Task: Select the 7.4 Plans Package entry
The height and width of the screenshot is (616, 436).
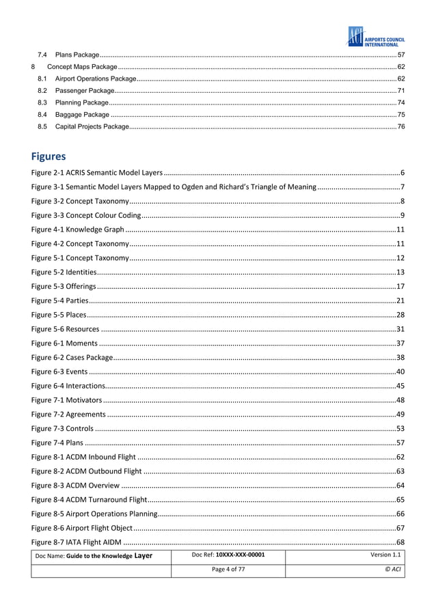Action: coord(77,54)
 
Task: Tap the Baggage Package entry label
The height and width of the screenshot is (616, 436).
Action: coord(82,115)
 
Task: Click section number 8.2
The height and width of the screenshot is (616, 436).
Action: coord(42,90)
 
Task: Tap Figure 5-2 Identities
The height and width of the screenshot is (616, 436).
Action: coord(67,272)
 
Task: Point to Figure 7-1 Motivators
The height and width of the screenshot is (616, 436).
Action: coord(67,400)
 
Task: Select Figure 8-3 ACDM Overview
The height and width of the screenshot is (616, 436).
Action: coord(76,485)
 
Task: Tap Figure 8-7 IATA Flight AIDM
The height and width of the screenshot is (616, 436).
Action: coord(77,542)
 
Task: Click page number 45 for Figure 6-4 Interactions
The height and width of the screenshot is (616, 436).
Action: coord(400,386)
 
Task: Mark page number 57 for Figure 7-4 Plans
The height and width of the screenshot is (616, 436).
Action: coord(400,443)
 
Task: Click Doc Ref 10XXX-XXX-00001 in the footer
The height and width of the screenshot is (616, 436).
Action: coord(228,555)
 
